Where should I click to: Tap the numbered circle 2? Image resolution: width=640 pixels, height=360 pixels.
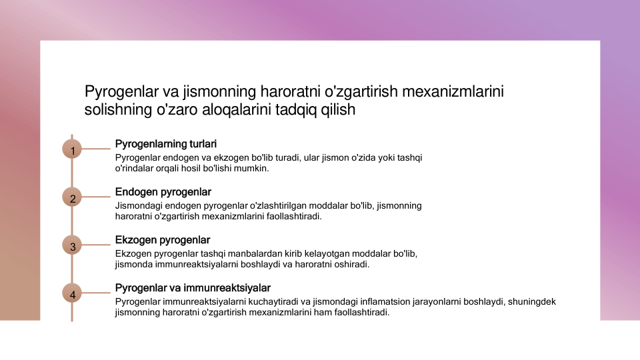point(72,197)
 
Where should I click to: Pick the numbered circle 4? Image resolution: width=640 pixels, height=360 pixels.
point(72,293)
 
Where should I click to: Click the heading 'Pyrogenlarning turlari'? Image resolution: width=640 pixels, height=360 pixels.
point(166,144)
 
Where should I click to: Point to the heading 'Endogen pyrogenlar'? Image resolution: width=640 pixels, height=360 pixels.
point(163,192)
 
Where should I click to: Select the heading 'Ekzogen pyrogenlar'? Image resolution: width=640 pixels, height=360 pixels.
point(163,240)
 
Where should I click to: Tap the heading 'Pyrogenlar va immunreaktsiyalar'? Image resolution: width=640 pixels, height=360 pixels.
point(193,288)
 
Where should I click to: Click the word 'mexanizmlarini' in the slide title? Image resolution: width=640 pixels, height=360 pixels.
point(453,91)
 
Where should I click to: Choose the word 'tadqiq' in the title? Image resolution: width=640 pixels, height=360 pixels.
point(296,110)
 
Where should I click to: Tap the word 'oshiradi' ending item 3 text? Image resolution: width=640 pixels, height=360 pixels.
point(352,264)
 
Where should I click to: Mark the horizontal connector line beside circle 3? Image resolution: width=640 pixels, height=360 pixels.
point(96,245)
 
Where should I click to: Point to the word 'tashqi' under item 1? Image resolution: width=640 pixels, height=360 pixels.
point(409,158)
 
